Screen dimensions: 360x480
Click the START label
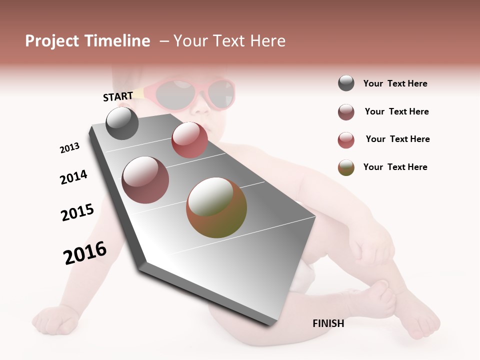(118, 96)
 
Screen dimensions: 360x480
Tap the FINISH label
(328, 323)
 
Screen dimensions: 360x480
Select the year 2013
(69, 148)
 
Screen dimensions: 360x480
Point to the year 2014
(73, 177)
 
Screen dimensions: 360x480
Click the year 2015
(77, 212)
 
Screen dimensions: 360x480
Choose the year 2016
(85, 252)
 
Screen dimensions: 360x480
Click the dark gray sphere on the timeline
(122, 123)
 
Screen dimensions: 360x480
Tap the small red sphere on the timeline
(189, 140)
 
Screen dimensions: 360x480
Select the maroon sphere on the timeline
(145, 180)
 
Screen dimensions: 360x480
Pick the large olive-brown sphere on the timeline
(216, 207)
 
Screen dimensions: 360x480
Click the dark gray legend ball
(346, 83)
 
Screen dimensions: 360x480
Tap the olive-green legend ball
(346, 167)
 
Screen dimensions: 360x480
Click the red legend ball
(346, 140)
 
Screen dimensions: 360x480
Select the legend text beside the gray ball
(395, 83)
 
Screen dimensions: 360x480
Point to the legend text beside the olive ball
(395, 167)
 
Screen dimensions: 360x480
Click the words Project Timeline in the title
(87, 41)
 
